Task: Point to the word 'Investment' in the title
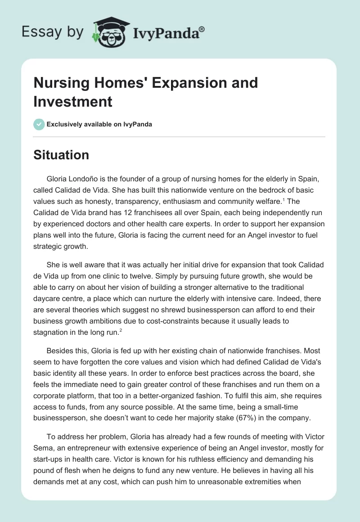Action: [x=73, y=101]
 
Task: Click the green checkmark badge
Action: [x=39, y=124]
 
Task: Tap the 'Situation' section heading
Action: [x=61, y=155]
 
